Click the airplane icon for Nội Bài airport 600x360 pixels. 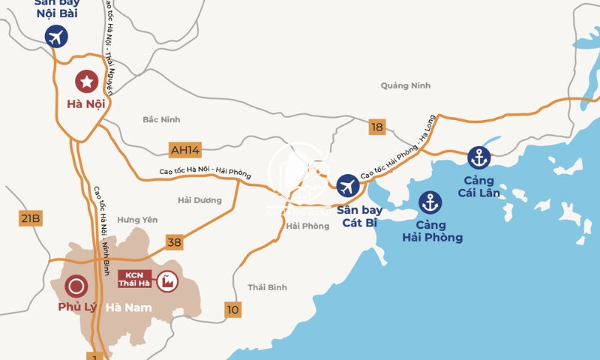(56, 36)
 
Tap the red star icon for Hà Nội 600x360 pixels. (86, 80)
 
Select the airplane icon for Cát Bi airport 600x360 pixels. (347, 185)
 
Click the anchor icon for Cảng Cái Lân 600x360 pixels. (478, 157)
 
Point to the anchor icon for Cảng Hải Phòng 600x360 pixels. (430, 202)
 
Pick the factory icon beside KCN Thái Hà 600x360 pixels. (166, 280)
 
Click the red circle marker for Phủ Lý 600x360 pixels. (75, 285)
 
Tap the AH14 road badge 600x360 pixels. (184, 149)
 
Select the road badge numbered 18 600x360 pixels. (376, 127)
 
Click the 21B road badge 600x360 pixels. (30, 218)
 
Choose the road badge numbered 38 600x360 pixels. (174, 241)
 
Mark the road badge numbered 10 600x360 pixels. (232, 309)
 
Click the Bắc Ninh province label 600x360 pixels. (161, 120)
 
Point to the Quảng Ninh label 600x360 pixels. (405, 85)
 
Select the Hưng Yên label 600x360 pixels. (138, 220)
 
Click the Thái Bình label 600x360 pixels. (267, 287)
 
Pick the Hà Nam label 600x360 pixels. (128, 307)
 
